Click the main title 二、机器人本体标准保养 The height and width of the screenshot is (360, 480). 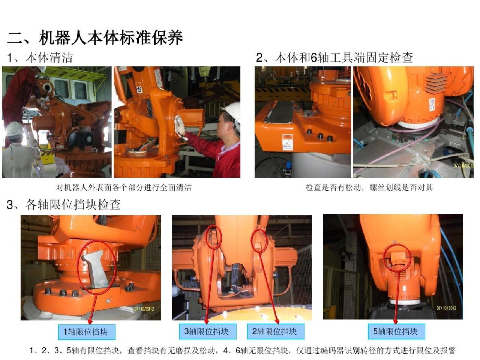95,37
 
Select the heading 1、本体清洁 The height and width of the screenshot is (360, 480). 40,57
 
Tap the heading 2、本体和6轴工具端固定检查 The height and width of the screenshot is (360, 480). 334,57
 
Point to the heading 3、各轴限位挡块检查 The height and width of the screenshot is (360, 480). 64,204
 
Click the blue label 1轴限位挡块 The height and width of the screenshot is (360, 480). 86,332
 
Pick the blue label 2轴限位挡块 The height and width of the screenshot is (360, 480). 275,331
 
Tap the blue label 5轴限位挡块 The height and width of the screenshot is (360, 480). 396,331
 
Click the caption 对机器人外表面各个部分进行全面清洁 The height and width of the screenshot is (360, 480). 124,187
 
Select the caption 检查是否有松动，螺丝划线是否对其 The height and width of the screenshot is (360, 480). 369,187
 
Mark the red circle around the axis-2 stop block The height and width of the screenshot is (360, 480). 259,241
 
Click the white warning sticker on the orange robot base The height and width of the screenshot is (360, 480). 287,142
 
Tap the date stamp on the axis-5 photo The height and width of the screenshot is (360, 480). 446,308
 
